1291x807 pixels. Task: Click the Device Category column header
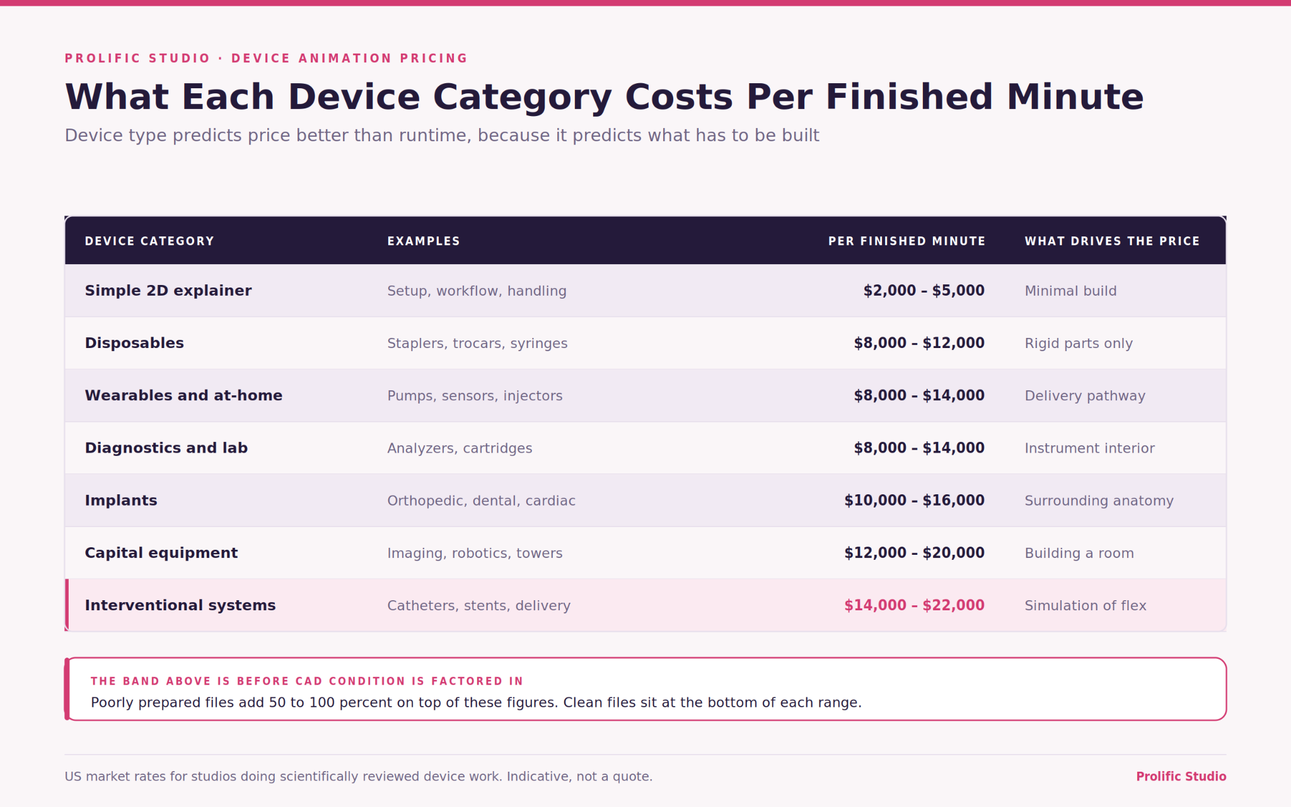point(149,241)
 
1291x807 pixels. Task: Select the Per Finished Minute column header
point(906,241)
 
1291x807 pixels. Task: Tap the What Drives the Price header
point(1112,241)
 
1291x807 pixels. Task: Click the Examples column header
point(424,241)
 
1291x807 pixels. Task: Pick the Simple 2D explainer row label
point(168,291)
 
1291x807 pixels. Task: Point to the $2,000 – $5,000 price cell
point(924,291)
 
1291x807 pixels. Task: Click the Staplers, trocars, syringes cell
point(477,344)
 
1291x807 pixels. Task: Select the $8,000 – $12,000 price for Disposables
point(919,343)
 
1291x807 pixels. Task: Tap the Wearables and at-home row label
point(183,395)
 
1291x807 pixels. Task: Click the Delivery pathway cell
point(1085,396)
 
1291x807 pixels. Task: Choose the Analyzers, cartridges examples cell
point(460,448)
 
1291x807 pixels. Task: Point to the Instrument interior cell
point(1089,448)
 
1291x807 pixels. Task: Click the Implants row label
point(121,501)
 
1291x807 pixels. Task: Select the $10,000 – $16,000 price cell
point(915,501)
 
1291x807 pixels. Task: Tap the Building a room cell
point(1079,553)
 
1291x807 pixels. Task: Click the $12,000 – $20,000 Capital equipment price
point(915,553)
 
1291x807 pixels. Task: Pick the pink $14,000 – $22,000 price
point(915,605)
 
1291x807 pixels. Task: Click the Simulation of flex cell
point(1085,605)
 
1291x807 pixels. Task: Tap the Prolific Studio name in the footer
point(1181,776)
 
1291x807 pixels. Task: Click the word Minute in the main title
point(1075,97)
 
